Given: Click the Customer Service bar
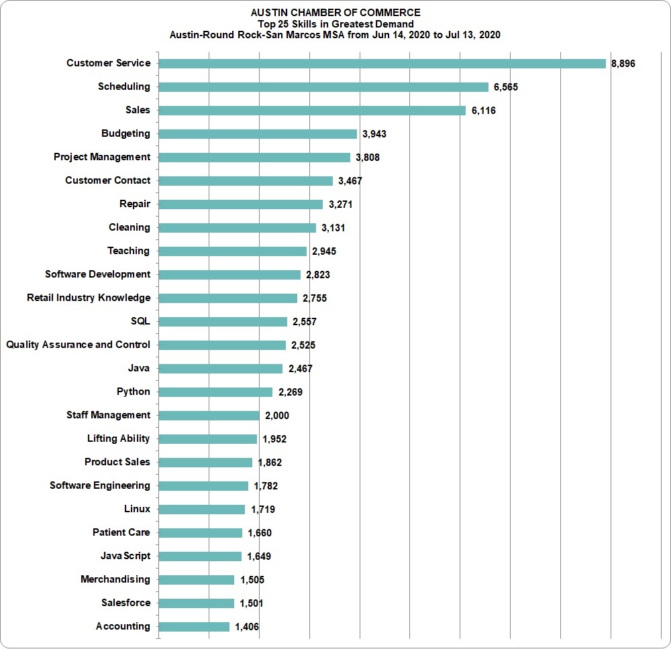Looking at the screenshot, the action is (382, 64).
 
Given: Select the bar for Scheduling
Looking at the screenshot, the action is (323, 87).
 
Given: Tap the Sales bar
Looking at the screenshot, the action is (312, 111).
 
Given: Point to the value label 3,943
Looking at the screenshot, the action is (374, 134).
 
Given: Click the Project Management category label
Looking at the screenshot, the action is (102, 157).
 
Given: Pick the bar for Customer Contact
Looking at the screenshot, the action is (246, 181).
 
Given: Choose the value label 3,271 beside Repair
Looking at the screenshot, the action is (341, 204).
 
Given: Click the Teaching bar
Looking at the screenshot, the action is (232, 251).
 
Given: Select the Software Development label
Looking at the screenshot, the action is (97, 274).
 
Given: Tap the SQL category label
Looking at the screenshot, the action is (140, 321).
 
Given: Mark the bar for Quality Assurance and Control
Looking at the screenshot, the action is (222, 345).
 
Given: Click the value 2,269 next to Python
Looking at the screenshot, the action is (291, 392).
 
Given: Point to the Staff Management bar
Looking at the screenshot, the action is (209, 416).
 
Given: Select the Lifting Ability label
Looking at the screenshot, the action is (119, 438).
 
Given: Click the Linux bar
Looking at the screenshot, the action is (201, 509).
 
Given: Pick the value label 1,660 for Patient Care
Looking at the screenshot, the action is (260, 533).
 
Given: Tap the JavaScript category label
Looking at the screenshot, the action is (125, 556).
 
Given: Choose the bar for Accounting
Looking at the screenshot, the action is (194, 627).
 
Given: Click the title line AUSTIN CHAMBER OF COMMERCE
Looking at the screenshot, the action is (335, 13).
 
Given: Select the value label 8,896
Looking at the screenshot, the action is (623, 64).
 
